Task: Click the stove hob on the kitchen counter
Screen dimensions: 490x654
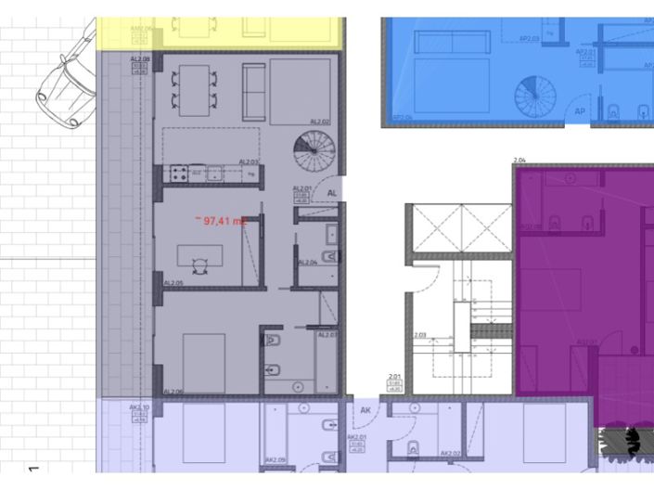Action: [x=176, y=174]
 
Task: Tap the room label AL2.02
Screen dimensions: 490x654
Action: [x=319, y=122]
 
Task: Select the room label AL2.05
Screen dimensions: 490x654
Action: [x=173, y=282]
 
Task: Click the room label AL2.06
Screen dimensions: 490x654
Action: [x=173, y=392]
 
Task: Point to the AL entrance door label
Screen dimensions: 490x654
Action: [x=331, y=192]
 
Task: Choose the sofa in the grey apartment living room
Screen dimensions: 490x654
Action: [x=252, y=88]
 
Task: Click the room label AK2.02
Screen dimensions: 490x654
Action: [x=451, y=454]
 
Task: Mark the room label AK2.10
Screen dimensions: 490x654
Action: [x=140, y=407]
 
